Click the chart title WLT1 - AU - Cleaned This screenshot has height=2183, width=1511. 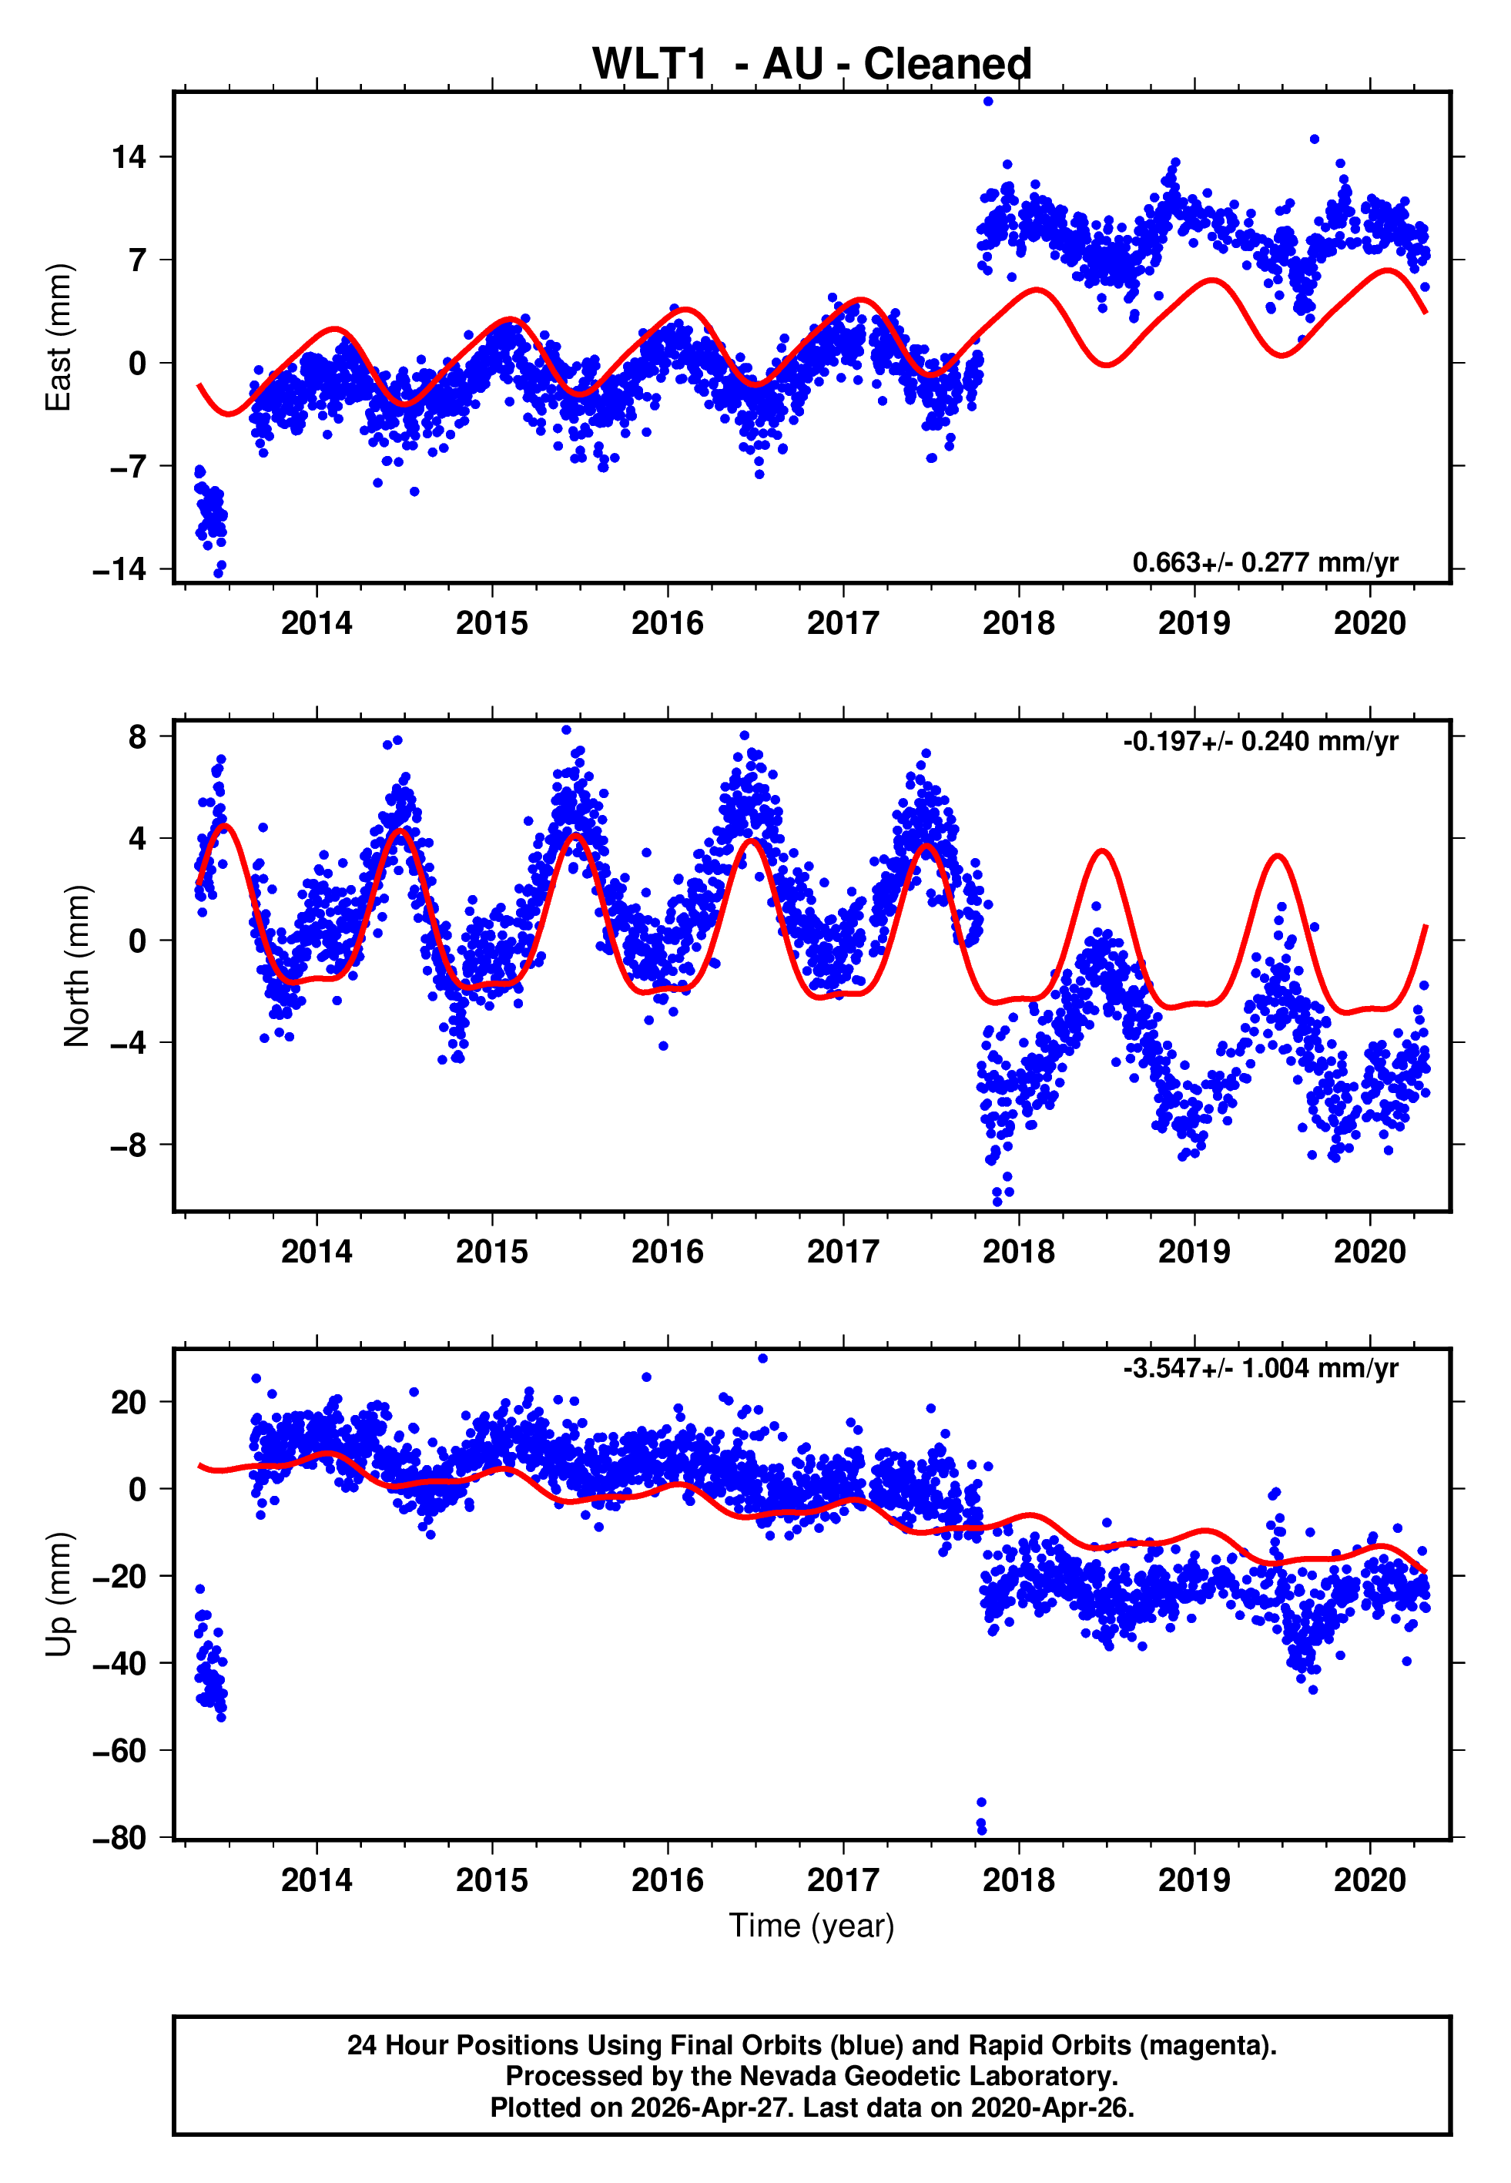click(x=812, y=65)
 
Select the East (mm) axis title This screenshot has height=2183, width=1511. click(x=59, y=337)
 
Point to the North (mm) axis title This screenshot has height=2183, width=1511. click(x=77, y=966)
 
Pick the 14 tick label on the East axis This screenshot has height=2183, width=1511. click(x=129, y=156)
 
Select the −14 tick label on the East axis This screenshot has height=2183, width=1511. click(x=120, y=569)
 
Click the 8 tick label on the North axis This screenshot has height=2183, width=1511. click(x=138, y=736)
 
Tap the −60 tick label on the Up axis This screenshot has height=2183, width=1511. click(x=120, y=1750)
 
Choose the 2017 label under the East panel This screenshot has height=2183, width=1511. click(x=843, y=623)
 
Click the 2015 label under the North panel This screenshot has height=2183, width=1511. click(x=491, y=1252)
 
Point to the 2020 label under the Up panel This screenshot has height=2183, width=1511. click(x=1369, y=1880)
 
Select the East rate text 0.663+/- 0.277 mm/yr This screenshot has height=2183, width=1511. click(x=1265, y=562)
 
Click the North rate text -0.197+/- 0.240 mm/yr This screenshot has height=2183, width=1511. click(x=1260, y=740)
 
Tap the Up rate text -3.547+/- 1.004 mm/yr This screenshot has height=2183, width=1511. click(x=1260, y=1368)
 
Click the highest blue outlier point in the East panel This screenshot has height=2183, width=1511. click(x=988, y=101)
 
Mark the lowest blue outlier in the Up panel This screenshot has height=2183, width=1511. click(x=982, y=1830)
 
